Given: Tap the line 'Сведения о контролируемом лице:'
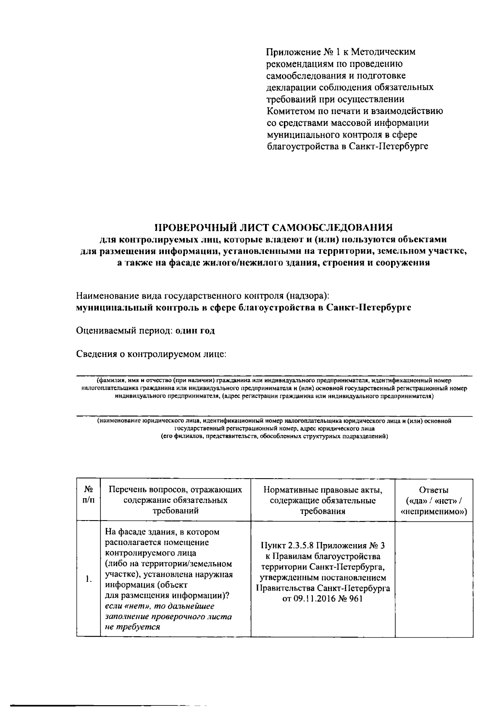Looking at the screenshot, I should click(151, 354).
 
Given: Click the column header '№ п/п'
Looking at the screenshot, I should click(88, 495).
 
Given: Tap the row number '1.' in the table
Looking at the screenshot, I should click(88, 580).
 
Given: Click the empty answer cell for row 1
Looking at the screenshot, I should click(434, 579).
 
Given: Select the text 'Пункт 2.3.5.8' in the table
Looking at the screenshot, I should click(287, 546).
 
